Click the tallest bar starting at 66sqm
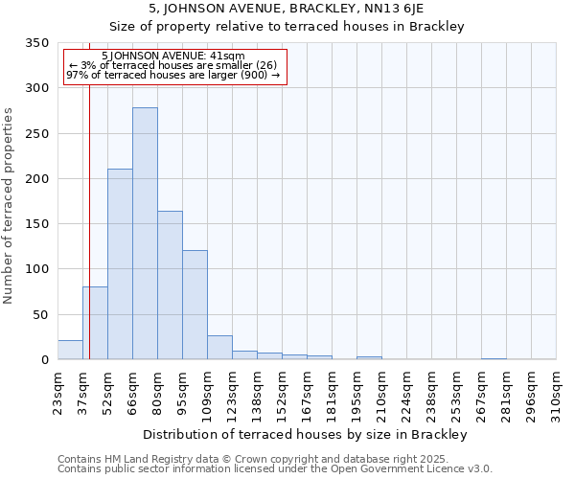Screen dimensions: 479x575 click(145, 234)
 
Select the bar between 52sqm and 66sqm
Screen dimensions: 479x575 click(120, 264)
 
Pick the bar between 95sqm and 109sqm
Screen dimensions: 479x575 click(195, 305)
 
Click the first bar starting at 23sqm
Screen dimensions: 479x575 click(70, 350)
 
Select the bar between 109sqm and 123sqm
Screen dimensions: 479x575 click(219, 348)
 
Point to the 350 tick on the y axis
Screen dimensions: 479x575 click(36, 43)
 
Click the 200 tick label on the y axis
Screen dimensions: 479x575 click(36, 179)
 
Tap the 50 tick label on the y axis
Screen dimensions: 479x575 click(40, 315)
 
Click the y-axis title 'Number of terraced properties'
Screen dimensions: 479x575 click(9, 206)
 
